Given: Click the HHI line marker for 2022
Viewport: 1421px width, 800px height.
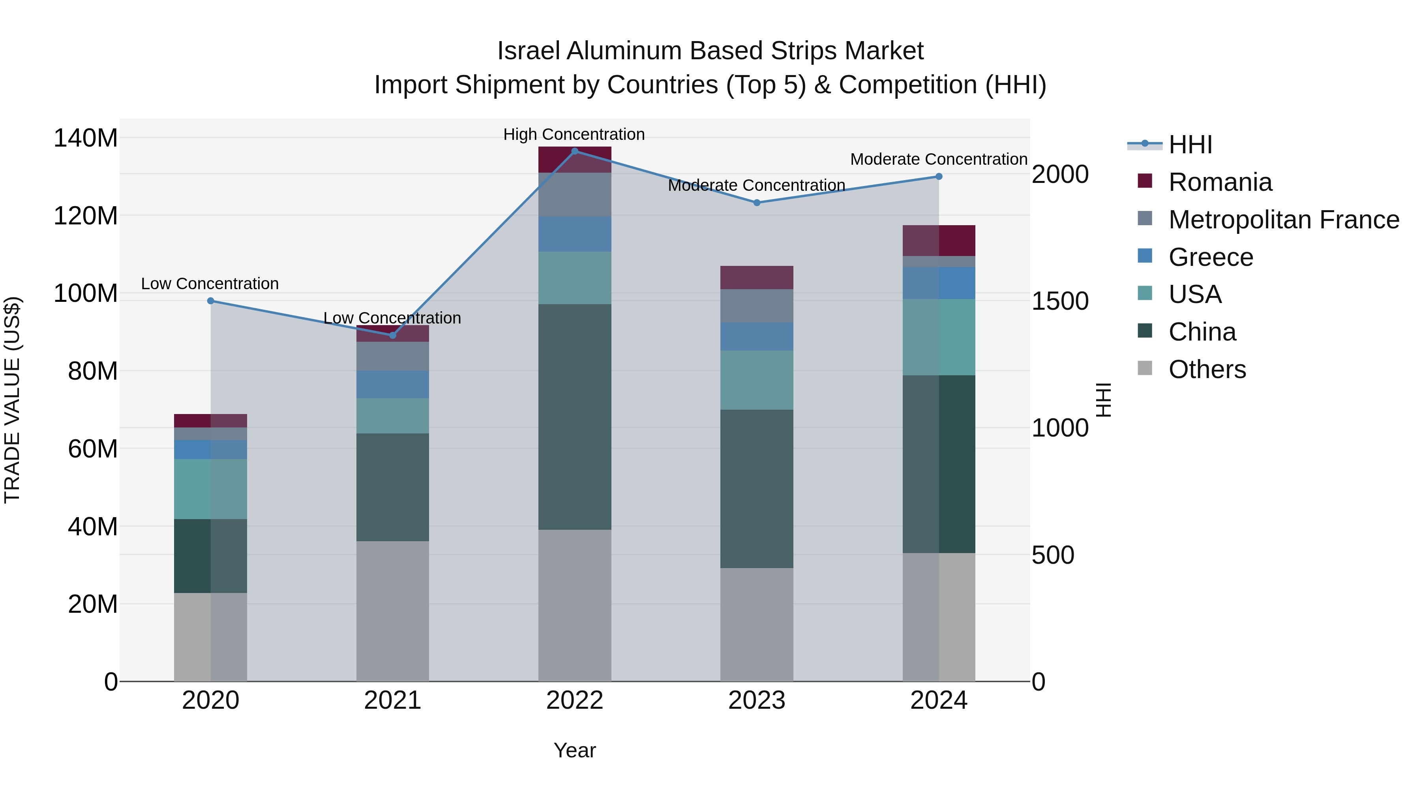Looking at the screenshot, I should pos(574,151).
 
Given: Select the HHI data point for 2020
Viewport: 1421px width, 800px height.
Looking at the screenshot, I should pos(211,301).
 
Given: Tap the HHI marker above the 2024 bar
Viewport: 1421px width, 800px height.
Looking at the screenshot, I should pos(938,177).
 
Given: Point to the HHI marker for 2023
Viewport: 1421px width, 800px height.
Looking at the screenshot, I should pos(756,203).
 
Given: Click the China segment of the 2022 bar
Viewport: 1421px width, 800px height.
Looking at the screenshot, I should pos(574,417).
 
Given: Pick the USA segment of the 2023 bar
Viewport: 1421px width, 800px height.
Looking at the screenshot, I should pos(756,380).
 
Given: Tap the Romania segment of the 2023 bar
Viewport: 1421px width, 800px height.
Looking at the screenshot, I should pos(756,278).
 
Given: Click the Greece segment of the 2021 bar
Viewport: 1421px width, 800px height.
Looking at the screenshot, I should pos(392,384).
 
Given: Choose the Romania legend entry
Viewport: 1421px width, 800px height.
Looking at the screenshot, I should pos(1220,182).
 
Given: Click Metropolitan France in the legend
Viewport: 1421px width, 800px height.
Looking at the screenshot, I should pos(1283,220).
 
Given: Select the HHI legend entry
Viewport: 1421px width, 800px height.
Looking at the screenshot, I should pos(1190,145).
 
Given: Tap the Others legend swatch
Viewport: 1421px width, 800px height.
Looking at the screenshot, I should pos(1145,368).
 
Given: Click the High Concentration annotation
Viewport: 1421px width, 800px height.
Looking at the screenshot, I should pos(574,134).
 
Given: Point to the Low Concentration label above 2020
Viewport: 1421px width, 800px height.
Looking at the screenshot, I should pos(210,284).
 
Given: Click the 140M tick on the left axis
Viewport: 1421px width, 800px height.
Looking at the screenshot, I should pos(86,138).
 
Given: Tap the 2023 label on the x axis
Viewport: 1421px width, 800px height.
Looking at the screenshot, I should pos(756,700).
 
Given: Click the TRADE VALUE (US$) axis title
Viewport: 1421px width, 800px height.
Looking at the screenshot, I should pos(12,400).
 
